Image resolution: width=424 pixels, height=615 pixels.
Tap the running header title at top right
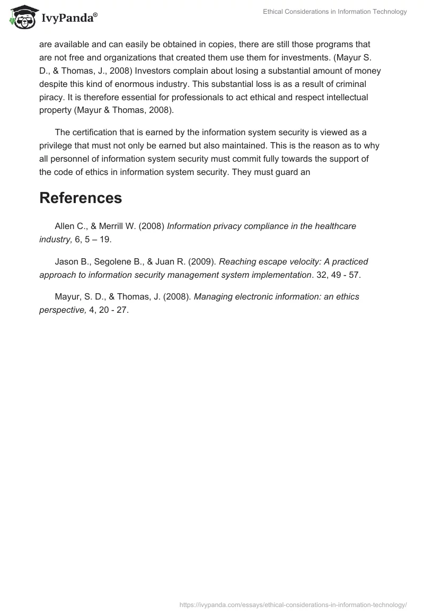335,12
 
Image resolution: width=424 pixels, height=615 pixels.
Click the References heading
81,198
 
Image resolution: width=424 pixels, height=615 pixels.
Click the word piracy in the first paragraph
52,98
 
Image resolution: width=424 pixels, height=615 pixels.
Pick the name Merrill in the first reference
113,226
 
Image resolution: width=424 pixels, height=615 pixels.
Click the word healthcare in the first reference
336,226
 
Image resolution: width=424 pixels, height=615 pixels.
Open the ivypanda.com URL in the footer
293,604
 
